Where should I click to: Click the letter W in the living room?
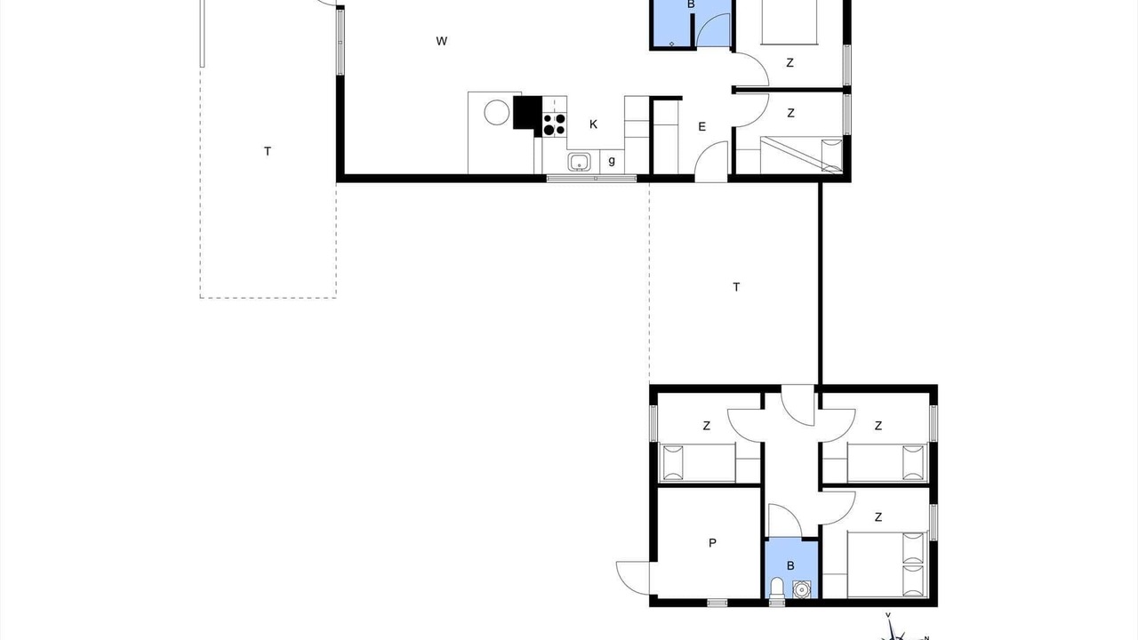click(442, 41)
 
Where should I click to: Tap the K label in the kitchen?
click(593, 124)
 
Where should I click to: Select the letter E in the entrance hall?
click(702, 127)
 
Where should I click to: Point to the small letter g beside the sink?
click(612, 161)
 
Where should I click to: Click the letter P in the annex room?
click(712, 543)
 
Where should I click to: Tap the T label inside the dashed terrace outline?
click(268, 151)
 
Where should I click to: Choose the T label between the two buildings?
click(736, 287)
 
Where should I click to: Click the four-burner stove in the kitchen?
click(554, 124)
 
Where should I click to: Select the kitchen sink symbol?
click(579, 162)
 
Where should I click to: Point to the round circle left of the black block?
click(496, 112)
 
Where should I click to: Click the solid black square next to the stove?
click(527, 112)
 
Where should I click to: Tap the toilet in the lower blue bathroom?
click(777, 588)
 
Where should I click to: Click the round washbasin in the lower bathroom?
click(802, 589)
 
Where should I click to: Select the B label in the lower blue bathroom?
click(790, 566)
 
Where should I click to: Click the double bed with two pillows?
click(887, 564)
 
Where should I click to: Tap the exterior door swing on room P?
click(633, 578)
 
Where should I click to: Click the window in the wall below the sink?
click(591, 179)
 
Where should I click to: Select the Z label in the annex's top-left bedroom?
click(706, 426)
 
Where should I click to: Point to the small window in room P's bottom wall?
click(717, 603)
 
